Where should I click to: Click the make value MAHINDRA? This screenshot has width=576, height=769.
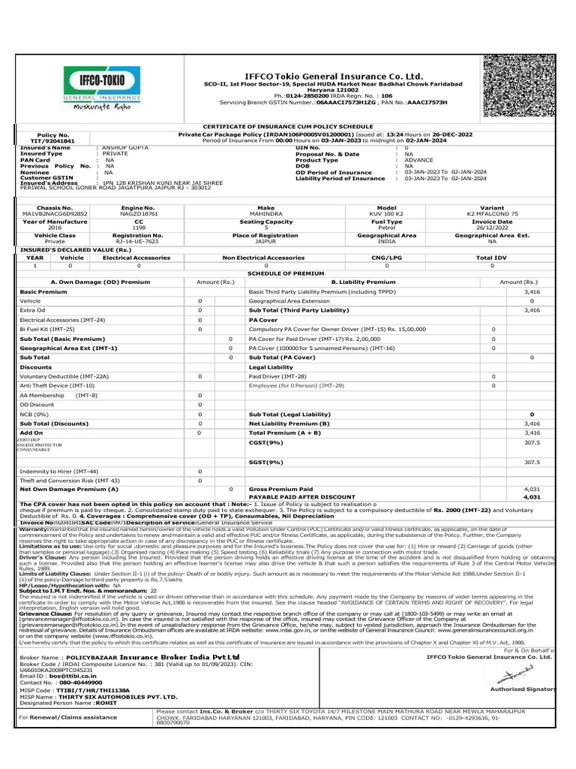point(266,213)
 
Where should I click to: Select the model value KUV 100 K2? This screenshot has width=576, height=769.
point(387,213)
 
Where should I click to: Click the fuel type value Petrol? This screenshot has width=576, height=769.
point(387,228)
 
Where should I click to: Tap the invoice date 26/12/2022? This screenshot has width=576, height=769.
point(492,228)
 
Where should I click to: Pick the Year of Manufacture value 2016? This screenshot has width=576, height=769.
point(55,228)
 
